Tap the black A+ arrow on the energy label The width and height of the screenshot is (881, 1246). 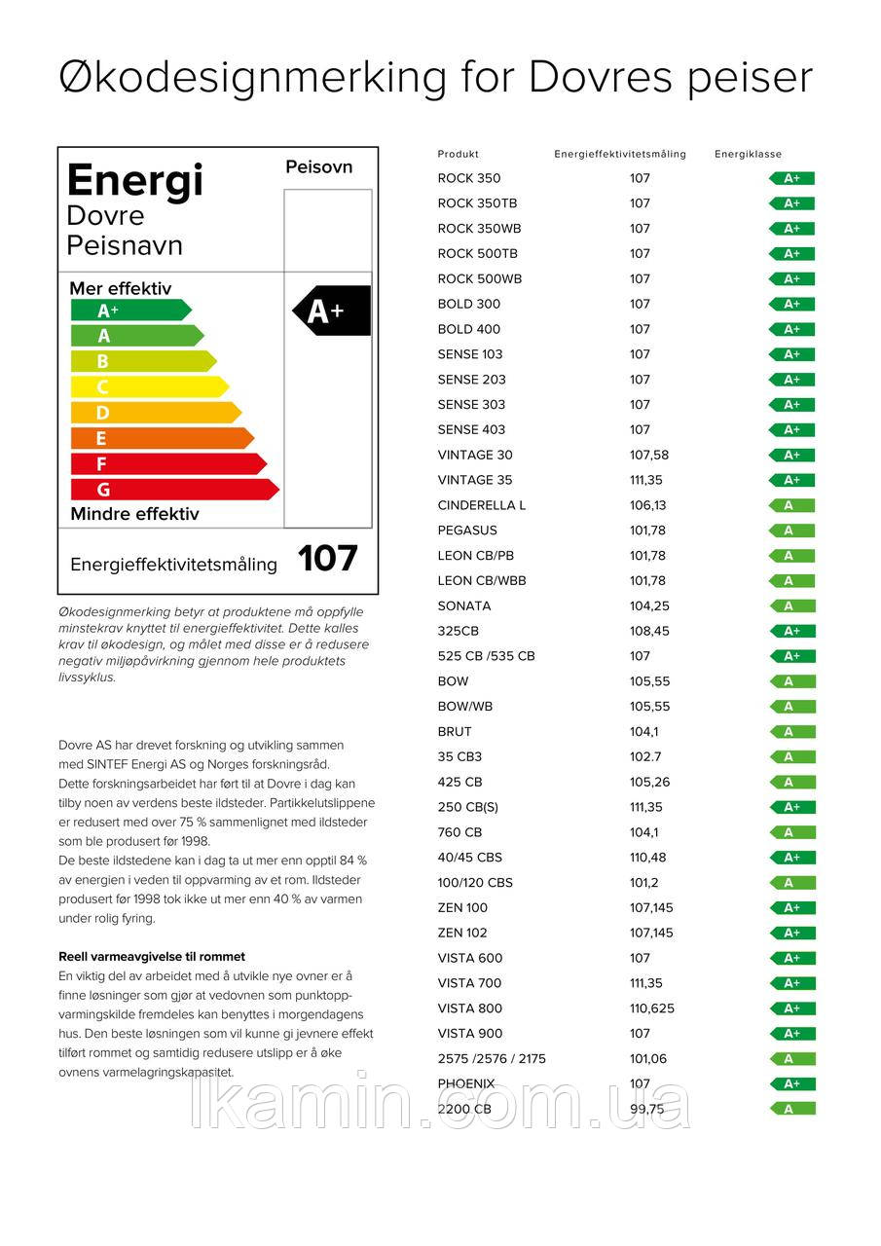coord(332,311)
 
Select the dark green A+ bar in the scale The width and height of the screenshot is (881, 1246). coord(130,311)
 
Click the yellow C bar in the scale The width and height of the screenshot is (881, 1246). coord(149,386)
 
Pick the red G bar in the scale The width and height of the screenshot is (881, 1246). coord(173,489)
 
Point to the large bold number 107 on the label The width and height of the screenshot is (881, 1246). coord(328,559)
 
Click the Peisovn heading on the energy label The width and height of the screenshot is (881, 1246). coord(318,167)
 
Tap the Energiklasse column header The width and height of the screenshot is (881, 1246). coord(748,154)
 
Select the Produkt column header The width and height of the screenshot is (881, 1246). coord(459,154)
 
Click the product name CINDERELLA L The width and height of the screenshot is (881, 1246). coord(481,505)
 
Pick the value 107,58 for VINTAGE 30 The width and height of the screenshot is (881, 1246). coord(649,455)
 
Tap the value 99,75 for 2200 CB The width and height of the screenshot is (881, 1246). coord(646,1109)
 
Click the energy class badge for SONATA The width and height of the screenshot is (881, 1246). coord(791,606)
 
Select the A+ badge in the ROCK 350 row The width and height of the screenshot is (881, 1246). coord(791,178)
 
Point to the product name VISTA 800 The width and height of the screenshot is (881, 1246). coord(470,1008)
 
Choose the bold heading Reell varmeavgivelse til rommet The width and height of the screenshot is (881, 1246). coord(152,957)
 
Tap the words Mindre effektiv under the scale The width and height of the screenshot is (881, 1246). coord(134,514)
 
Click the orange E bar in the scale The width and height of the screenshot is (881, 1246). coord(162,438)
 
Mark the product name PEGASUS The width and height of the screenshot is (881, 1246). coord(467,531)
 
